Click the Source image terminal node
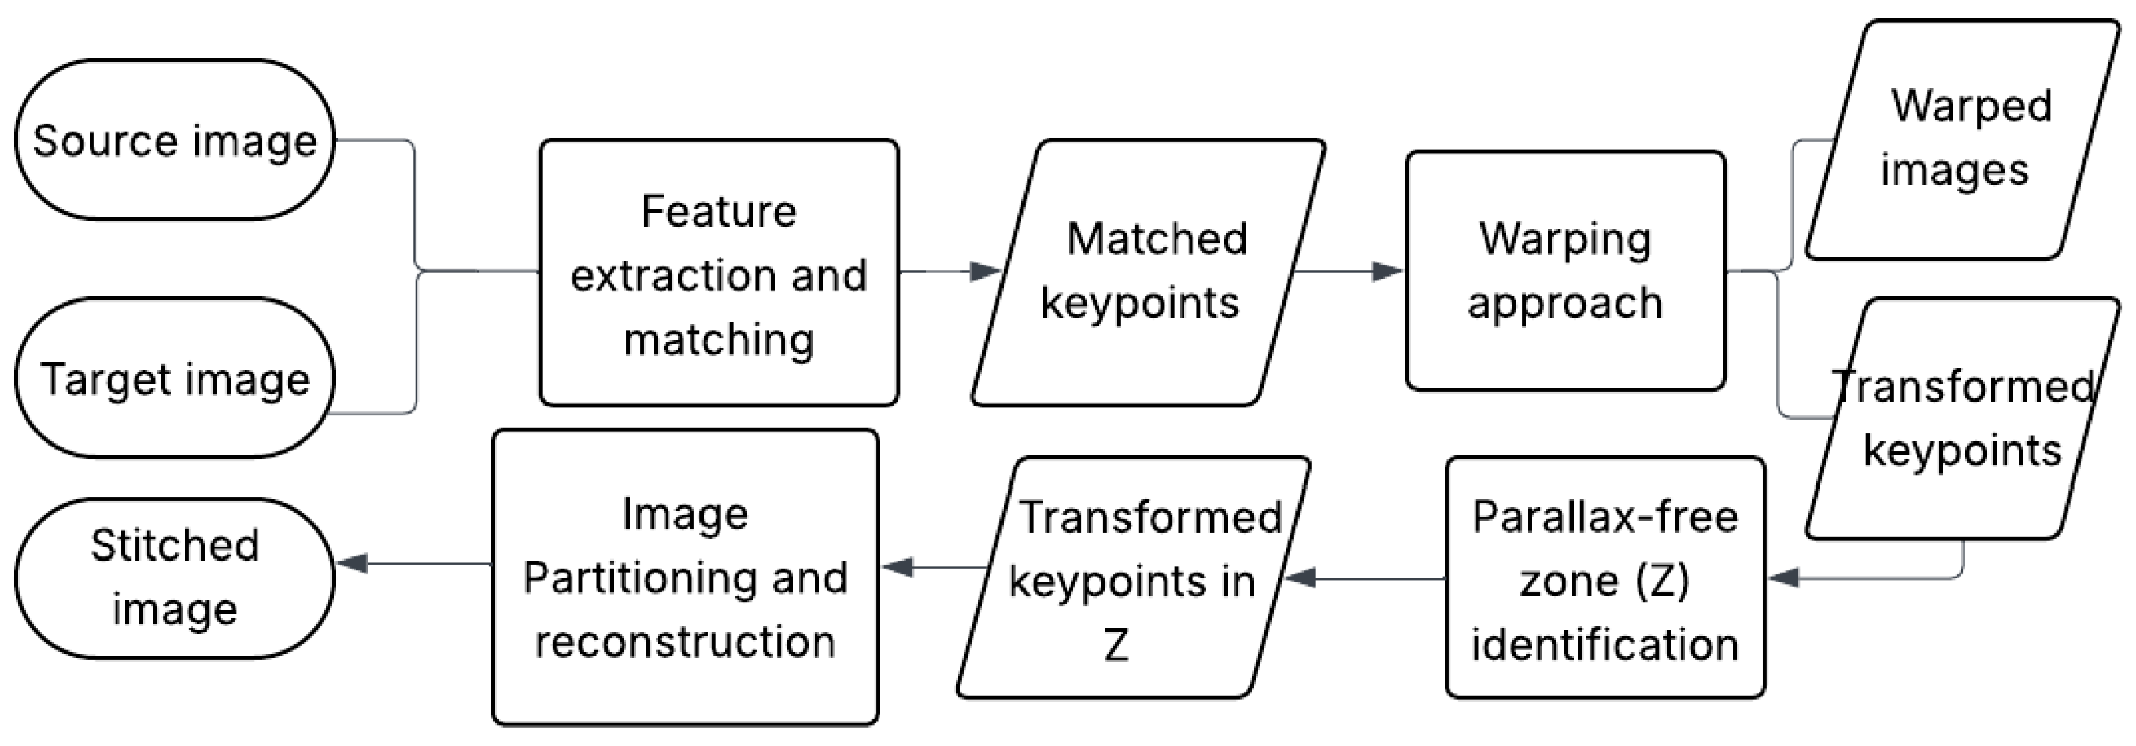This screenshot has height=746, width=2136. [174, 139]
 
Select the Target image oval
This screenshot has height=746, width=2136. [174, 378]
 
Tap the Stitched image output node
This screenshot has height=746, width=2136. [174, 578]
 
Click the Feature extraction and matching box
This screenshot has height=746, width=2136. [718, 272]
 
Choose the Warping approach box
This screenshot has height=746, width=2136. [1565, 270]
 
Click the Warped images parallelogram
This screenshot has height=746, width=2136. [1961, 139]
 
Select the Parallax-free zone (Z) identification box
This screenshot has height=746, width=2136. [1605, 578]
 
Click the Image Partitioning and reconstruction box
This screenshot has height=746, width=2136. [685, 578]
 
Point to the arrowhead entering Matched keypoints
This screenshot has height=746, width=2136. [987, 271]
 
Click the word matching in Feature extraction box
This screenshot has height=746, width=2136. [718, 339]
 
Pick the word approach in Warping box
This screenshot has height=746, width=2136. [1565, 303]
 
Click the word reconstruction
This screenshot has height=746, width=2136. [685, 641]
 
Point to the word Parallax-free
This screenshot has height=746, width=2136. [1605, 517]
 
